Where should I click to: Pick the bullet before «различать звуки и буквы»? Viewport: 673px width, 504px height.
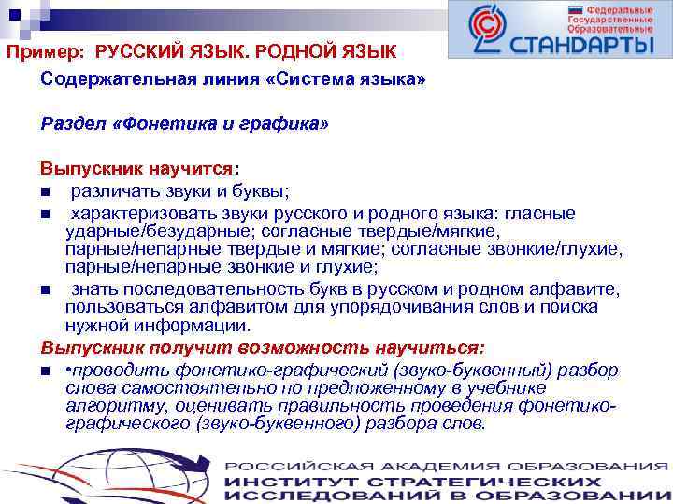point(45,192)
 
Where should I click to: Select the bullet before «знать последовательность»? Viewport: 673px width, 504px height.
point(45,291)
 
